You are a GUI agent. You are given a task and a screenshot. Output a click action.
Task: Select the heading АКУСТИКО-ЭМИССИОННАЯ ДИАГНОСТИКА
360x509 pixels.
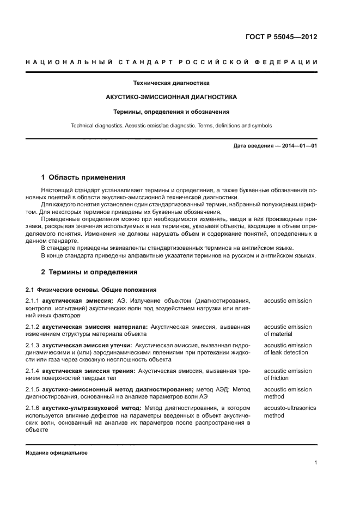171,97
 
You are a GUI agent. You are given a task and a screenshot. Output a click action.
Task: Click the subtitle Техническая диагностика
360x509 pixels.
171,83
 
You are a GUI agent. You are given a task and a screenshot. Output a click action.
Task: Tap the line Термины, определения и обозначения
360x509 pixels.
171,112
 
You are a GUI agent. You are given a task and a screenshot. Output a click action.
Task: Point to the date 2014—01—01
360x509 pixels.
298,146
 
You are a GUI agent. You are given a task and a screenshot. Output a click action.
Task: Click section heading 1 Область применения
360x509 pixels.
83,177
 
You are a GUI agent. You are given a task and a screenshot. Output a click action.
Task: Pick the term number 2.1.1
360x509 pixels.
33,301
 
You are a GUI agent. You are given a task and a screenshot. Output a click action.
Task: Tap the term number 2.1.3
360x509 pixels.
33,346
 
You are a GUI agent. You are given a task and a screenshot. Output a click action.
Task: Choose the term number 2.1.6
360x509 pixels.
33,408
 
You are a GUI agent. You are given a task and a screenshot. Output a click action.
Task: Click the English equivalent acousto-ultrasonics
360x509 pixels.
290,408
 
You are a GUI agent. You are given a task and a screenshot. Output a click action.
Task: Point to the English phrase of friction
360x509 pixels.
276,378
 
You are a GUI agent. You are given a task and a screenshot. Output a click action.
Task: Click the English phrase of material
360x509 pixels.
278,334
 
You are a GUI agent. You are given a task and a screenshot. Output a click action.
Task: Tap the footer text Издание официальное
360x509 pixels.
57,452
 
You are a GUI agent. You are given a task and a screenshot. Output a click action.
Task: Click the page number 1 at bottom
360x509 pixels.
315,463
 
